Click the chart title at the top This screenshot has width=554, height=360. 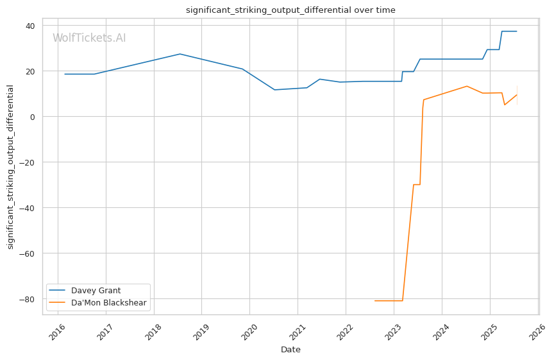[x=290, y=10]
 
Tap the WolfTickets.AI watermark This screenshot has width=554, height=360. [x=89, y=39]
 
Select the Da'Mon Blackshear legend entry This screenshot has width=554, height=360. [x=108, y=303]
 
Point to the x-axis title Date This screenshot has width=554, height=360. [x=290, y=350]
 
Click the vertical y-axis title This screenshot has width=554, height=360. [x=10, y=167]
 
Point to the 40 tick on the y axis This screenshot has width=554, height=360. [x=31, y=26]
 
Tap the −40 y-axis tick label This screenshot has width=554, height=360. [x=28, y=207]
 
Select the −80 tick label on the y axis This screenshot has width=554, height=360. [x=28, y=299]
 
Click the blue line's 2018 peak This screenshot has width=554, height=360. [x=180, y=54]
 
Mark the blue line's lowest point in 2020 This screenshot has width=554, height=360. [x=274, y=90]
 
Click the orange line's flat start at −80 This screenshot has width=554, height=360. [x=389, y=300]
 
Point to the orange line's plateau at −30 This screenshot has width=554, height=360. [x=416, y=185]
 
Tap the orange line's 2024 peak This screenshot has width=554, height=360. [x=467, y=86]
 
